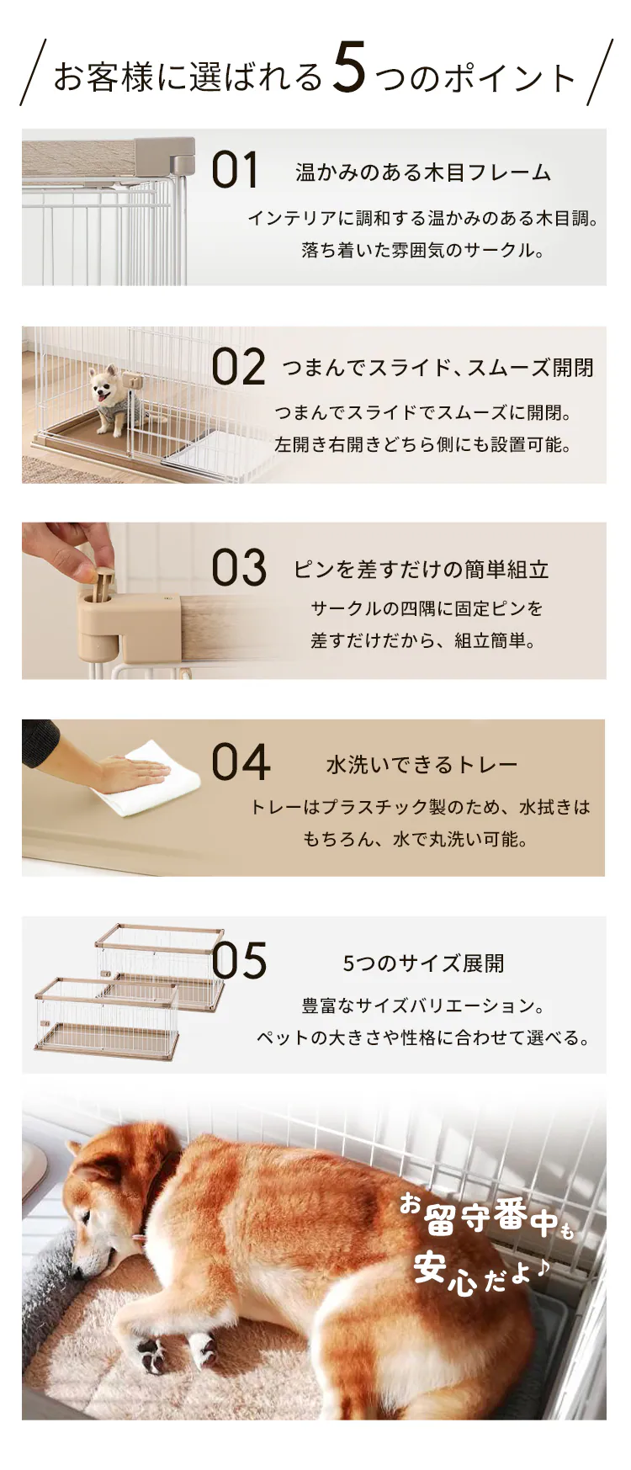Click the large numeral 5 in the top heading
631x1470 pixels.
pos(349,69)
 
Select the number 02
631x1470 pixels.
pos(238,368)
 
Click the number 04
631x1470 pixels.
pos(241,762)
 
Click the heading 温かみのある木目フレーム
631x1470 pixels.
pos(423,172)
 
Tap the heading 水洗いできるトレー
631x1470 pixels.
pos(422,764)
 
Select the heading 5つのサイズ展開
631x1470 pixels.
pos(423,963)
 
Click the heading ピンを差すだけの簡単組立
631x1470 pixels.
pos(422,570)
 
